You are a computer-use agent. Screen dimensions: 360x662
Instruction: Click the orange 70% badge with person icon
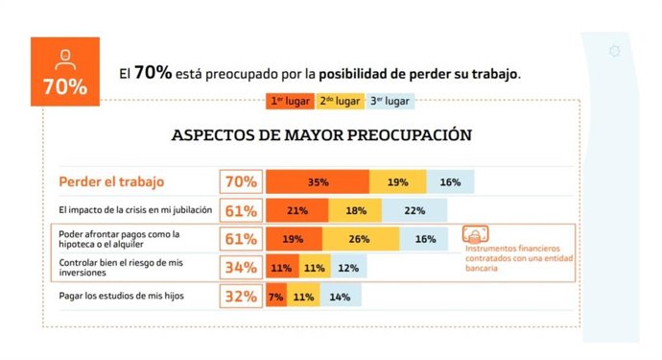click(64, 73)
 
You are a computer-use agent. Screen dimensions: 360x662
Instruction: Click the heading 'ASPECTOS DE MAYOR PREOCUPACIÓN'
click(320, 135)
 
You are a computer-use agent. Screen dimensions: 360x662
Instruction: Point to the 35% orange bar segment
click(318, 181)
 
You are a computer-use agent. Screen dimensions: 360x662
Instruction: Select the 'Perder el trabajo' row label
click(111, 181)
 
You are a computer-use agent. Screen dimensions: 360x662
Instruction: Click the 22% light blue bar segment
click(414, 210)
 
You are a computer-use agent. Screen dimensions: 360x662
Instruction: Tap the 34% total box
click(240, 268)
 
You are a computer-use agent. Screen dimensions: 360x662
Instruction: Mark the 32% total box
click(240, 297)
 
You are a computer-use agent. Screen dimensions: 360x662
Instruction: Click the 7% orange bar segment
click(275, 297)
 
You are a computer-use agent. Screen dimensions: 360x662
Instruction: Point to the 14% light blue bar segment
click(340, 297)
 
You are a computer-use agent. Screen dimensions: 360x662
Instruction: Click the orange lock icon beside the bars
click(473, 236)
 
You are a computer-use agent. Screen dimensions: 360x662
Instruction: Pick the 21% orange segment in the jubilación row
click(296, 210)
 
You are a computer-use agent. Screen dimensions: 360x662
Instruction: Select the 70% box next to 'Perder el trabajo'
click(240, 181)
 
